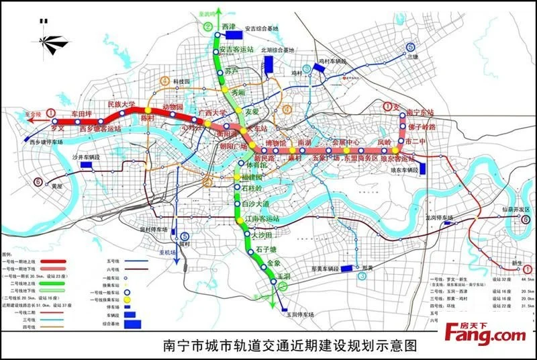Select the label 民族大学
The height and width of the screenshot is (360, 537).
pyautogui.click(x=121, y=105)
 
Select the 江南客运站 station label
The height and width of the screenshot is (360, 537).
pyautogui.click(x=262, y=219)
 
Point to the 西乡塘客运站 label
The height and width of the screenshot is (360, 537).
pyautogui.click(x=100, y=128)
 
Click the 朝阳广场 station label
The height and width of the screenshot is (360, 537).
pyautogui.click(x=228, y=145)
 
